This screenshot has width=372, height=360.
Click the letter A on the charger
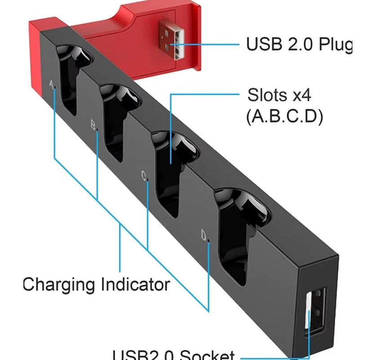coord(51,84)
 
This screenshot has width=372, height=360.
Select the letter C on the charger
coord(144,177)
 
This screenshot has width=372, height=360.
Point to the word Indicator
coord(135,284)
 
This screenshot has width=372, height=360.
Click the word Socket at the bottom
coord(207,355)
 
